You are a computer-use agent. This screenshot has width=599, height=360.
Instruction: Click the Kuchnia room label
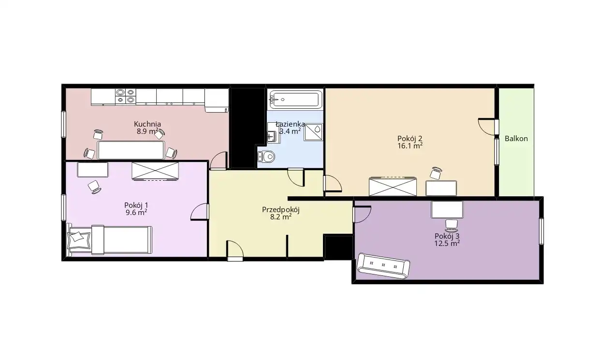point(147,124)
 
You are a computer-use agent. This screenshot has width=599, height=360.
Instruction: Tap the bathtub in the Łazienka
point(296,99)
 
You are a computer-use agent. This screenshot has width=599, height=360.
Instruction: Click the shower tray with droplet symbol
point(313,132)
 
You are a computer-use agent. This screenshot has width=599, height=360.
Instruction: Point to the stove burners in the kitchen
point(126,97)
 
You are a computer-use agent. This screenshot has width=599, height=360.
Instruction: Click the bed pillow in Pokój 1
point(79,240)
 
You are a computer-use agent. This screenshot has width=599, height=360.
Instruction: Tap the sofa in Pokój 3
point(383,265)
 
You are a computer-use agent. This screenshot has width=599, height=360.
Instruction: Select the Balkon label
point(516,139)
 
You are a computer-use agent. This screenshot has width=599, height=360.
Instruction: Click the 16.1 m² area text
point(410,145)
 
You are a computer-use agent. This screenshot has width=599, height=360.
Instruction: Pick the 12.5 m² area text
point(447,243)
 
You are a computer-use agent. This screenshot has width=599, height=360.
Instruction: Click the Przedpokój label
point(281,210)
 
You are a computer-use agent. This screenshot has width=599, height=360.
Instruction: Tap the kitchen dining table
point(131,150)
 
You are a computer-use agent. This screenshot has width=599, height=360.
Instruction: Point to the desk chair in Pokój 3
point(452,226)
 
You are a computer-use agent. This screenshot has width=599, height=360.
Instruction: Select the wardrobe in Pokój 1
point(155,171)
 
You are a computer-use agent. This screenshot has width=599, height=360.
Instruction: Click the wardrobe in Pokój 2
point(393,187)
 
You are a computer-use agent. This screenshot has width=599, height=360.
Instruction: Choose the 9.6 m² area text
point(136,213)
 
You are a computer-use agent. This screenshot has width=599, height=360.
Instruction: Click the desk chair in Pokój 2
point(436,173)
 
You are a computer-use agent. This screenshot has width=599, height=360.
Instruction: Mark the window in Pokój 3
point(541,231)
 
